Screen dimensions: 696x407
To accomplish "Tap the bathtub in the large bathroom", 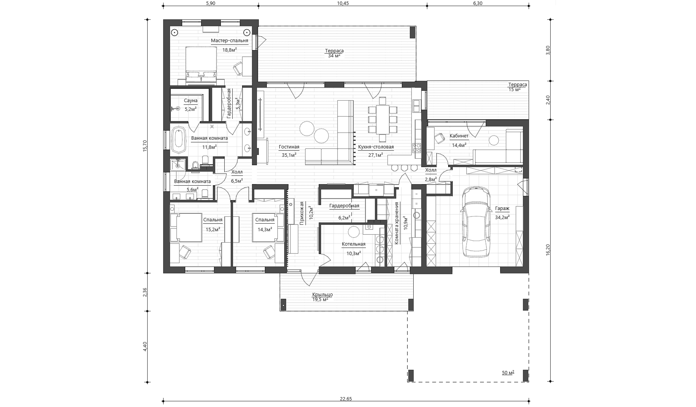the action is [178, 139].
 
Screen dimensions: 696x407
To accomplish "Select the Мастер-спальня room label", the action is [230, 41].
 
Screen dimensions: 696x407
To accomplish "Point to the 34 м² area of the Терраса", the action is [334, 56].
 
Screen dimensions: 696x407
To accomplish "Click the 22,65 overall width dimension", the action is [346, 399].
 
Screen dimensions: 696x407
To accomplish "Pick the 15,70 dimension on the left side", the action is [144, 146].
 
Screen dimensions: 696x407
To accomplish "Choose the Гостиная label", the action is [289, 147].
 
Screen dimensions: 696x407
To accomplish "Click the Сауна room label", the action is [191, 101].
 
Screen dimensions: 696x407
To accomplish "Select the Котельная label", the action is [353, 244].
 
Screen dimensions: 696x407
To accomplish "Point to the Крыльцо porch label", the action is [323, 295].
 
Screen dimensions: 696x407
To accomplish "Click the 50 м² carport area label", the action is [508, 373].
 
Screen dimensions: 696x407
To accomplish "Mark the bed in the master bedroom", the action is [201, 65].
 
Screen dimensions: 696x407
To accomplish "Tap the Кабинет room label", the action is [459, 136].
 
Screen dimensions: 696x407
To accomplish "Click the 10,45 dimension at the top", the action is [343, 3].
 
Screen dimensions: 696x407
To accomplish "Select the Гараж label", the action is [502, 208].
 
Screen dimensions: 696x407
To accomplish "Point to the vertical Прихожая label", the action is [302, 213].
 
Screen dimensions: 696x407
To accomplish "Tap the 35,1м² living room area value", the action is [289, 155].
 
